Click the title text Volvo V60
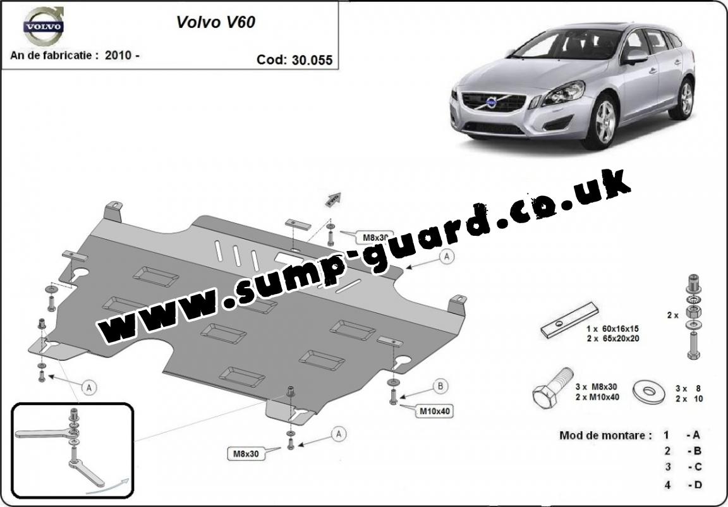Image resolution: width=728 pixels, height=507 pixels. tap(215, 22)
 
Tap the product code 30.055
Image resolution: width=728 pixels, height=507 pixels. tap(312, 60)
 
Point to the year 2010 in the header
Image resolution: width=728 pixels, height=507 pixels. tap(118, 55)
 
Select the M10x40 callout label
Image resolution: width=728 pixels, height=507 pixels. tap(435, 411)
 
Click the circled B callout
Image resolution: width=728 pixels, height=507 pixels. tap(440, 386)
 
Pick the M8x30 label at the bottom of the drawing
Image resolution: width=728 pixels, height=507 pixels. tap(246, 454)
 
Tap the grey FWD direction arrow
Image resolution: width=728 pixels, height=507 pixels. tap(334, 200)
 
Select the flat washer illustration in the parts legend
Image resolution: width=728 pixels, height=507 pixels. tap(648, 392)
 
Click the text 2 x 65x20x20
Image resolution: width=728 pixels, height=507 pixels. tap(612, 338)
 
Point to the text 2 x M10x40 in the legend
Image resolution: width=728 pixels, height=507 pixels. tap(597, 397)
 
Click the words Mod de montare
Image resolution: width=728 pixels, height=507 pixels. tap(602, 436)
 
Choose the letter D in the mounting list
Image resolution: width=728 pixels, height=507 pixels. tap(698, 485)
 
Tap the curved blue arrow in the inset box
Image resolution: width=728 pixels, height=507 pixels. tap(107, 485)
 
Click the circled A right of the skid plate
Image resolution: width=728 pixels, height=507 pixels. tap(447, 256)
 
